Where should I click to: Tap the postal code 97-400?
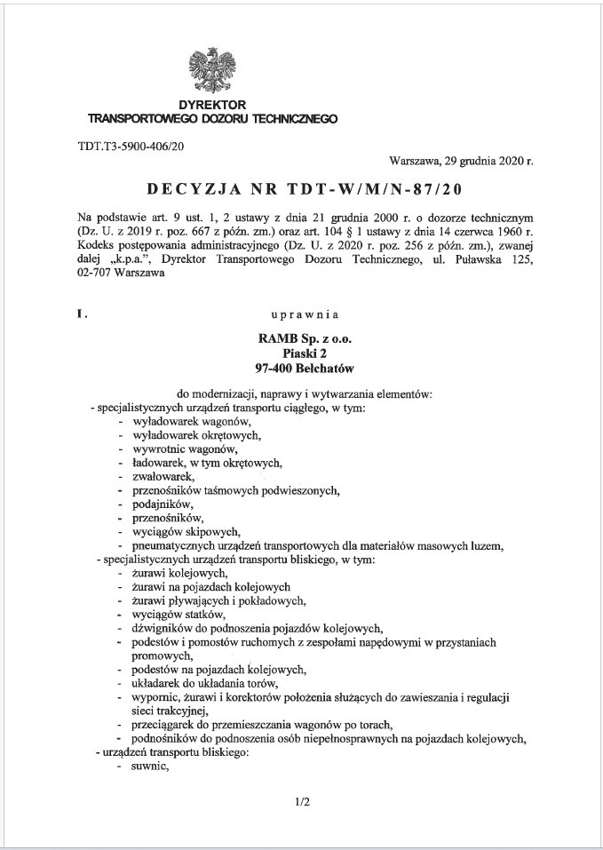click(x=273, y=369)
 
